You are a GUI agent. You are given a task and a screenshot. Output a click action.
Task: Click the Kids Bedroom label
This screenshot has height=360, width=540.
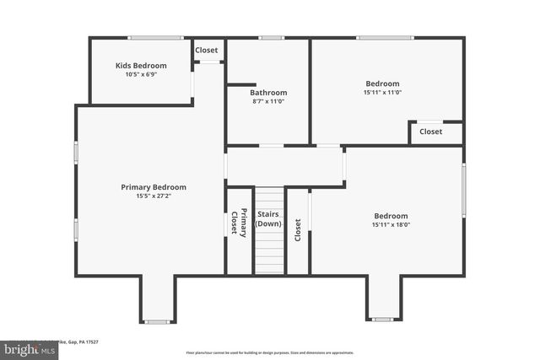click(x=141, y=65)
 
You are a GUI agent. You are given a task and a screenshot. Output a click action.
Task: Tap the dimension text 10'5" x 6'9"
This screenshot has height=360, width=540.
click(x=141, y=74)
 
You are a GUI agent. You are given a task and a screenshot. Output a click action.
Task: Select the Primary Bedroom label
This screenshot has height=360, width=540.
click(x=154, y=187)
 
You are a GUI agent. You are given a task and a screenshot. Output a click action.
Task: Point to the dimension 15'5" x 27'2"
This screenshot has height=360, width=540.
click(x=154, y=196)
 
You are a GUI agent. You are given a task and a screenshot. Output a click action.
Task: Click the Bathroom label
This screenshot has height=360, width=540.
click(x=268, y=92)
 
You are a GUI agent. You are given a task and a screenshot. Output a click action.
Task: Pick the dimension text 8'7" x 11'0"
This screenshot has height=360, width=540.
click(x=268, y=101)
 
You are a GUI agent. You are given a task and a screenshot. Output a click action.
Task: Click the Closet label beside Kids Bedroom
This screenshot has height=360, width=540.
click(x=207, y=50)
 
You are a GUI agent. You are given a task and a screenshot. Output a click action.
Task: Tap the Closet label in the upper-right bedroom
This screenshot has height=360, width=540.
click(x=430, y=132)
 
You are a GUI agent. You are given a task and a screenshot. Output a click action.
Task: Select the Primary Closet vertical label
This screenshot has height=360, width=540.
click(x=240, y=223)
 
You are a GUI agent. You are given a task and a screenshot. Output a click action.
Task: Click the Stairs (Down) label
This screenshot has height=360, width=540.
click(x=268, y=219)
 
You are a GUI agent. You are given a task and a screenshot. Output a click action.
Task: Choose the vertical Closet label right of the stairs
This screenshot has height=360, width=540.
click(x=298, y=230)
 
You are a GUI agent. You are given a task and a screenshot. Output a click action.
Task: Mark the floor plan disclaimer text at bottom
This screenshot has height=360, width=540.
click(x=270, y=352)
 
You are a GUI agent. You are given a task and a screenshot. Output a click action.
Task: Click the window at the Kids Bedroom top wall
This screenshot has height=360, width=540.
click(x=155, y=37)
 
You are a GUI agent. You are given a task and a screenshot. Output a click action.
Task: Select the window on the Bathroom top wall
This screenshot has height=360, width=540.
click(x=271, y=37)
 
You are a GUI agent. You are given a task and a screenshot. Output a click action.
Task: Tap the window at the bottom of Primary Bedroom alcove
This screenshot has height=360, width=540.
click(x=157, y=321)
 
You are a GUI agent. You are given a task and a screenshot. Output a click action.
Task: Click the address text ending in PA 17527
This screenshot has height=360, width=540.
click(x=80, y=341)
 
